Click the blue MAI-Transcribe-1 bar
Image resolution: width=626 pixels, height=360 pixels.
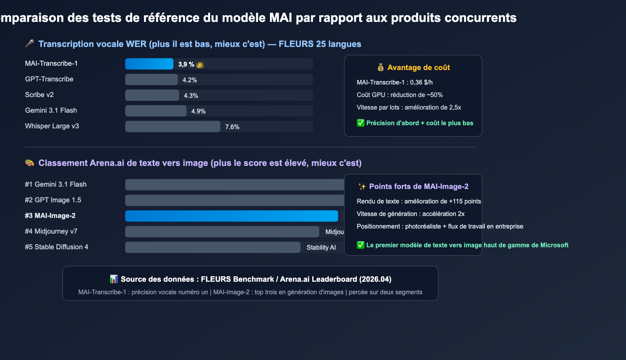[x=149, y=64]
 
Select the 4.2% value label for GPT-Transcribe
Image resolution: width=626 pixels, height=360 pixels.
[x=190, y=80]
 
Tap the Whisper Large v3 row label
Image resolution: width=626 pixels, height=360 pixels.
[x=52, y=126]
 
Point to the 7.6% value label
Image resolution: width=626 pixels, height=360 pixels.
[x=232, y=127]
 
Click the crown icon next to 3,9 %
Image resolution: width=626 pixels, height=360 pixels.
[x=200, y=65]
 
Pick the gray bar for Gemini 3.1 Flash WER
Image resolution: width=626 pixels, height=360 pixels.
[x=156, y=111]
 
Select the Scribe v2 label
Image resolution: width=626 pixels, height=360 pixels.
[x=40, y=95]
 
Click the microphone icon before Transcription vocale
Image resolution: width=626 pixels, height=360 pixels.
[x=30, y=43]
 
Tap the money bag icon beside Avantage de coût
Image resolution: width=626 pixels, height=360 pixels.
[x=381, y=67]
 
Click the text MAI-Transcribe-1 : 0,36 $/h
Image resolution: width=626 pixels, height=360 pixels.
[x=395, y=82]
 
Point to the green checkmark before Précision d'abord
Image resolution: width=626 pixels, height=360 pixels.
[x=361, y=123]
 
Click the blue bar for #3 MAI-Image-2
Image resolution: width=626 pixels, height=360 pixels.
[x=231, y=216]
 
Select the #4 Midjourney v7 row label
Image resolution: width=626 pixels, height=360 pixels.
[x=51, y=231]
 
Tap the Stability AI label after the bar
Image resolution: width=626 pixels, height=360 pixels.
[x=321, y=247]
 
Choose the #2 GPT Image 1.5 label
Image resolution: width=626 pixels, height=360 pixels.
[x=53, y=200]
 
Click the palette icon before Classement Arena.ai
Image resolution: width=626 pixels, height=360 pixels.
[x=30, y=163]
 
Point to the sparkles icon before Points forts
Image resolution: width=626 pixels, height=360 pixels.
[x=362, y=187]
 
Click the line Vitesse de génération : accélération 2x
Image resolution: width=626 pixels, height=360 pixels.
[x=411, y=214]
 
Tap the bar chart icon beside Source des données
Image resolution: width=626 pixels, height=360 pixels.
[x=114, y=279]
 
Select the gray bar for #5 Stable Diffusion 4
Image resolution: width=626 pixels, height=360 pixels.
[x=212, y=247]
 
